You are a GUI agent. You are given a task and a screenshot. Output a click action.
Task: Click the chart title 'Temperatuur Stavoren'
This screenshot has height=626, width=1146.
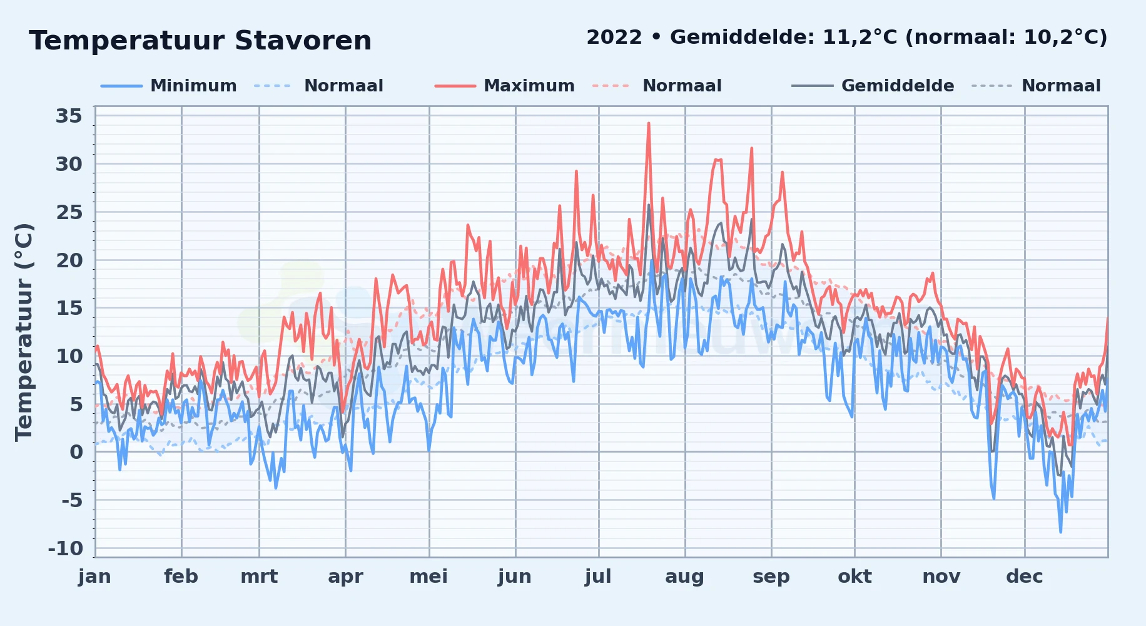pos(200,41)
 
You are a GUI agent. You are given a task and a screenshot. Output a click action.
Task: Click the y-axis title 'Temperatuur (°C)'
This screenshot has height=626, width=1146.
pos(24,332)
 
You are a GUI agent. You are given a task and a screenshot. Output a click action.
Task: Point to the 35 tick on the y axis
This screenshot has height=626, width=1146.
pos(69,116)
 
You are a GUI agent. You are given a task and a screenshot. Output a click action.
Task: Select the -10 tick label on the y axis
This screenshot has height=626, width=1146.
pos(66,548)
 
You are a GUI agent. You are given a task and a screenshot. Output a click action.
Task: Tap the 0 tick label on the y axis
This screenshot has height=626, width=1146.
pos(76,452)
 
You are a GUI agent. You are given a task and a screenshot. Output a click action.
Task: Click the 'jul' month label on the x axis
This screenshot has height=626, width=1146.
pos(598,577)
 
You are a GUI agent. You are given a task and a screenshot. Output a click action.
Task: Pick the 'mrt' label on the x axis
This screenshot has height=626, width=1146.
pos(259,577)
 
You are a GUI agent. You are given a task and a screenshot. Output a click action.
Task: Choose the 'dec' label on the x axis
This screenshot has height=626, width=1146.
pos(1025,577)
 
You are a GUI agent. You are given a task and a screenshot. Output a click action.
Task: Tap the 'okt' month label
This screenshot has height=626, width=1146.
pos(854,577)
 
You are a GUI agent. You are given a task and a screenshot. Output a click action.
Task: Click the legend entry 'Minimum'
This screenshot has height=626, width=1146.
pos(193,86)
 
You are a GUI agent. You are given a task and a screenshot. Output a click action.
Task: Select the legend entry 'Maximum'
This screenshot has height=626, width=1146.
pos(529,86)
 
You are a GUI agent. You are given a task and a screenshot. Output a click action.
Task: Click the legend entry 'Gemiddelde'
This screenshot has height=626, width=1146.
pos(898,86)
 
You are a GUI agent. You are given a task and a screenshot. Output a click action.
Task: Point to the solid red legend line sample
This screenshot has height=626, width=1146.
pos(455,86)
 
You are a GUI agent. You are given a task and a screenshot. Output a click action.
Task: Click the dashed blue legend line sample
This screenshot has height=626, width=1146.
pos(273,86)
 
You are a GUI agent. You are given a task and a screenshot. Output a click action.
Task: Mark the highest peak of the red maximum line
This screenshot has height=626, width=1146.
pos(649,123)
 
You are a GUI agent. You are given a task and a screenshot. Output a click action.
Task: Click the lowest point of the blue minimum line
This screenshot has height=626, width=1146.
pos(1060,532)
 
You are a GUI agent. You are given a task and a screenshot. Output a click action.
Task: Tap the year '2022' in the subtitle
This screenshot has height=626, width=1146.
pos(614,38)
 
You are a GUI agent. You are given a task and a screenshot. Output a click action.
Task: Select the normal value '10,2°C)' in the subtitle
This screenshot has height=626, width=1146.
pos(1065,38)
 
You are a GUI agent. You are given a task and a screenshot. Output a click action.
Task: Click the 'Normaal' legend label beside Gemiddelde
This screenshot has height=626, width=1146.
pos(1061,86)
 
